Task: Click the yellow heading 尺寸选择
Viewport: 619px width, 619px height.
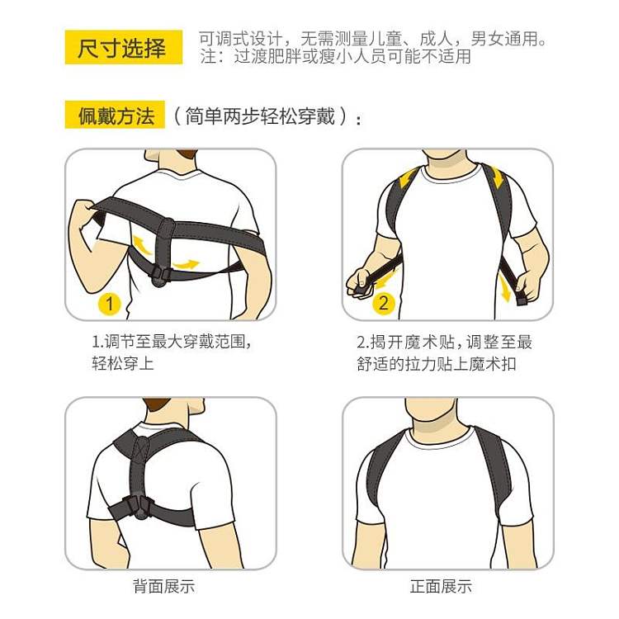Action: tap(123, 47)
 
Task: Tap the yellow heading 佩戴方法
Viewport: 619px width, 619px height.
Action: tap(115, 116)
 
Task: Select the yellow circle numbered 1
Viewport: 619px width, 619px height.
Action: tap(109, 304)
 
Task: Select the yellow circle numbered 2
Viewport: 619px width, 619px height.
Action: tap(383, 303)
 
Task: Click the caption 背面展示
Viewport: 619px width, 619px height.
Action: tap(164, 585)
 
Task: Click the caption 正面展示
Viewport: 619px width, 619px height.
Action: tap(441, 585)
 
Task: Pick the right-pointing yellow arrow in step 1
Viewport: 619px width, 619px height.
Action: tap(187, 264)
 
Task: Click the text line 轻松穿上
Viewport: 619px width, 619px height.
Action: tap(123, 363)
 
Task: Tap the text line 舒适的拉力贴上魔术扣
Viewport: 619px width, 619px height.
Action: tap(437, 364)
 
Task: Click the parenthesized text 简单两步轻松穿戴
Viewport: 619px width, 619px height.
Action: tap(260, 116)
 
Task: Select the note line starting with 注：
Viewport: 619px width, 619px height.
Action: tap(335, 56)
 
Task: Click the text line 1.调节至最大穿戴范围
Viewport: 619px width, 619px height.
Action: tap(172, 342)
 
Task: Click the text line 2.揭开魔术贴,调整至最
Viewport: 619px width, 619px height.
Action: tap(445, 342)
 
